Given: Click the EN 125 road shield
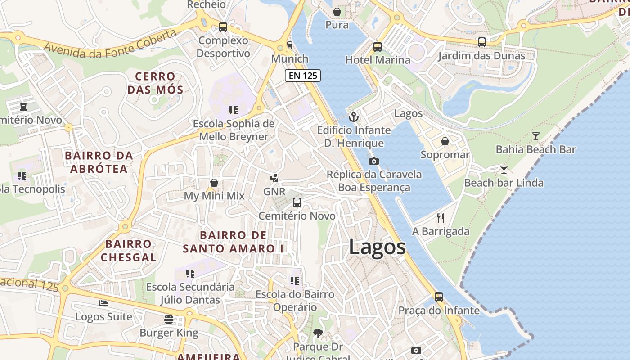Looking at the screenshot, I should (303, 76).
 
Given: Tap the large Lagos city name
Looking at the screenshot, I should (377, 247).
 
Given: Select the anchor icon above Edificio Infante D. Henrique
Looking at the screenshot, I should (354, 117).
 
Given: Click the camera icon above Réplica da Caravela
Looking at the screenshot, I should (373, 161).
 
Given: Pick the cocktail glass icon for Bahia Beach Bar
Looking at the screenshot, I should (535, 136).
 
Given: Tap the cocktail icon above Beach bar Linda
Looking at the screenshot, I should (504, 170).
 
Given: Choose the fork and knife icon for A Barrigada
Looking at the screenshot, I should (441, 218).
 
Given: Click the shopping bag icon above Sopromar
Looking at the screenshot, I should (445, 141).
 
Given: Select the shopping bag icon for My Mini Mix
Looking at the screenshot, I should (214, 183).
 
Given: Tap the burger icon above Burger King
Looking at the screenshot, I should (169, 319).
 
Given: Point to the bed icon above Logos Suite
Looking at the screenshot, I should (103, 303).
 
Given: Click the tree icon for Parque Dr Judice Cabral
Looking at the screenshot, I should (318, 333).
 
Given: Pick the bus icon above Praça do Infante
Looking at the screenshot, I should (438, 297).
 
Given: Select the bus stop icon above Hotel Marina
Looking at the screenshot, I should (377, 46).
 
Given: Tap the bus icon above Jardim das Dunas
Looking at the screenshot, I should (481, 42).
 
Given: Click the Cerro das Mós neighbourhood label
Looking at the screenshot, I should (155, 83).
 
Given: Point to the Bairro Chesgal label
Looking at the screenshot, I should (128, 251).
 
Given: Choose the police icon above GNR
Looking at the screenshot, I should (274, 178).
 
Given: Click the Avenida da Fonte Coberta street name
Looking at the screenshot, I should (110, 45).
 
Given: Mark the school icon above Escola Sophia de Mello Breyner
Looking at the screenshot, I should (233, 110).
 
